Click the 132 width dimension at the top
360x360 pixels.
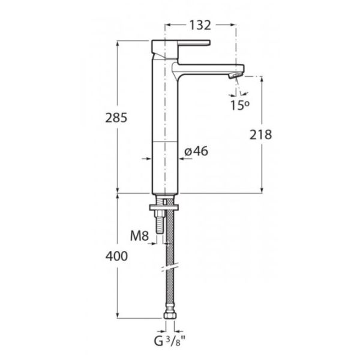tap(200, 25)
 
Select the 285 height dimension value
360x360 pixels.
tap(116, 118)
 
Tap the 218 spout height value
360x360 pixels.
tap(260, 135)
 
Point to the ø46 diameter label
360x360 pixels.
tap(196, 151)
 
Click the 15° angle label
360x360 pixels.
tap(239, 106)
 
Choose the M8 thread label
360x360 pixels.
tap(140, 236)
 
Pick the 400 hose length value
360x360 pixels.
tap(116, 256)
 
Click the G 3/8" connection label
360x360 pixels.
tap(169, 341)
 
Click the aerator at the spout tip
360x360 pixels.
tap(235, 75)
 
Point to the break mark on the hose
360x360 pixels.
tap(170, 267)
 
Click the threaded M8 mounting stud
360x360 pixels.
tap(160, 222)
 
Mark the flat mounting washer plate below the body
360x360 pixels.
tap(164, 208)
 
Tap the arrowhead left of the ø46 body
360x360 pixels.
tap(148, 158)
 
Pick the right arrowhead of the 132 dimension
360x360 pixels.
tap(233, 25)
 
